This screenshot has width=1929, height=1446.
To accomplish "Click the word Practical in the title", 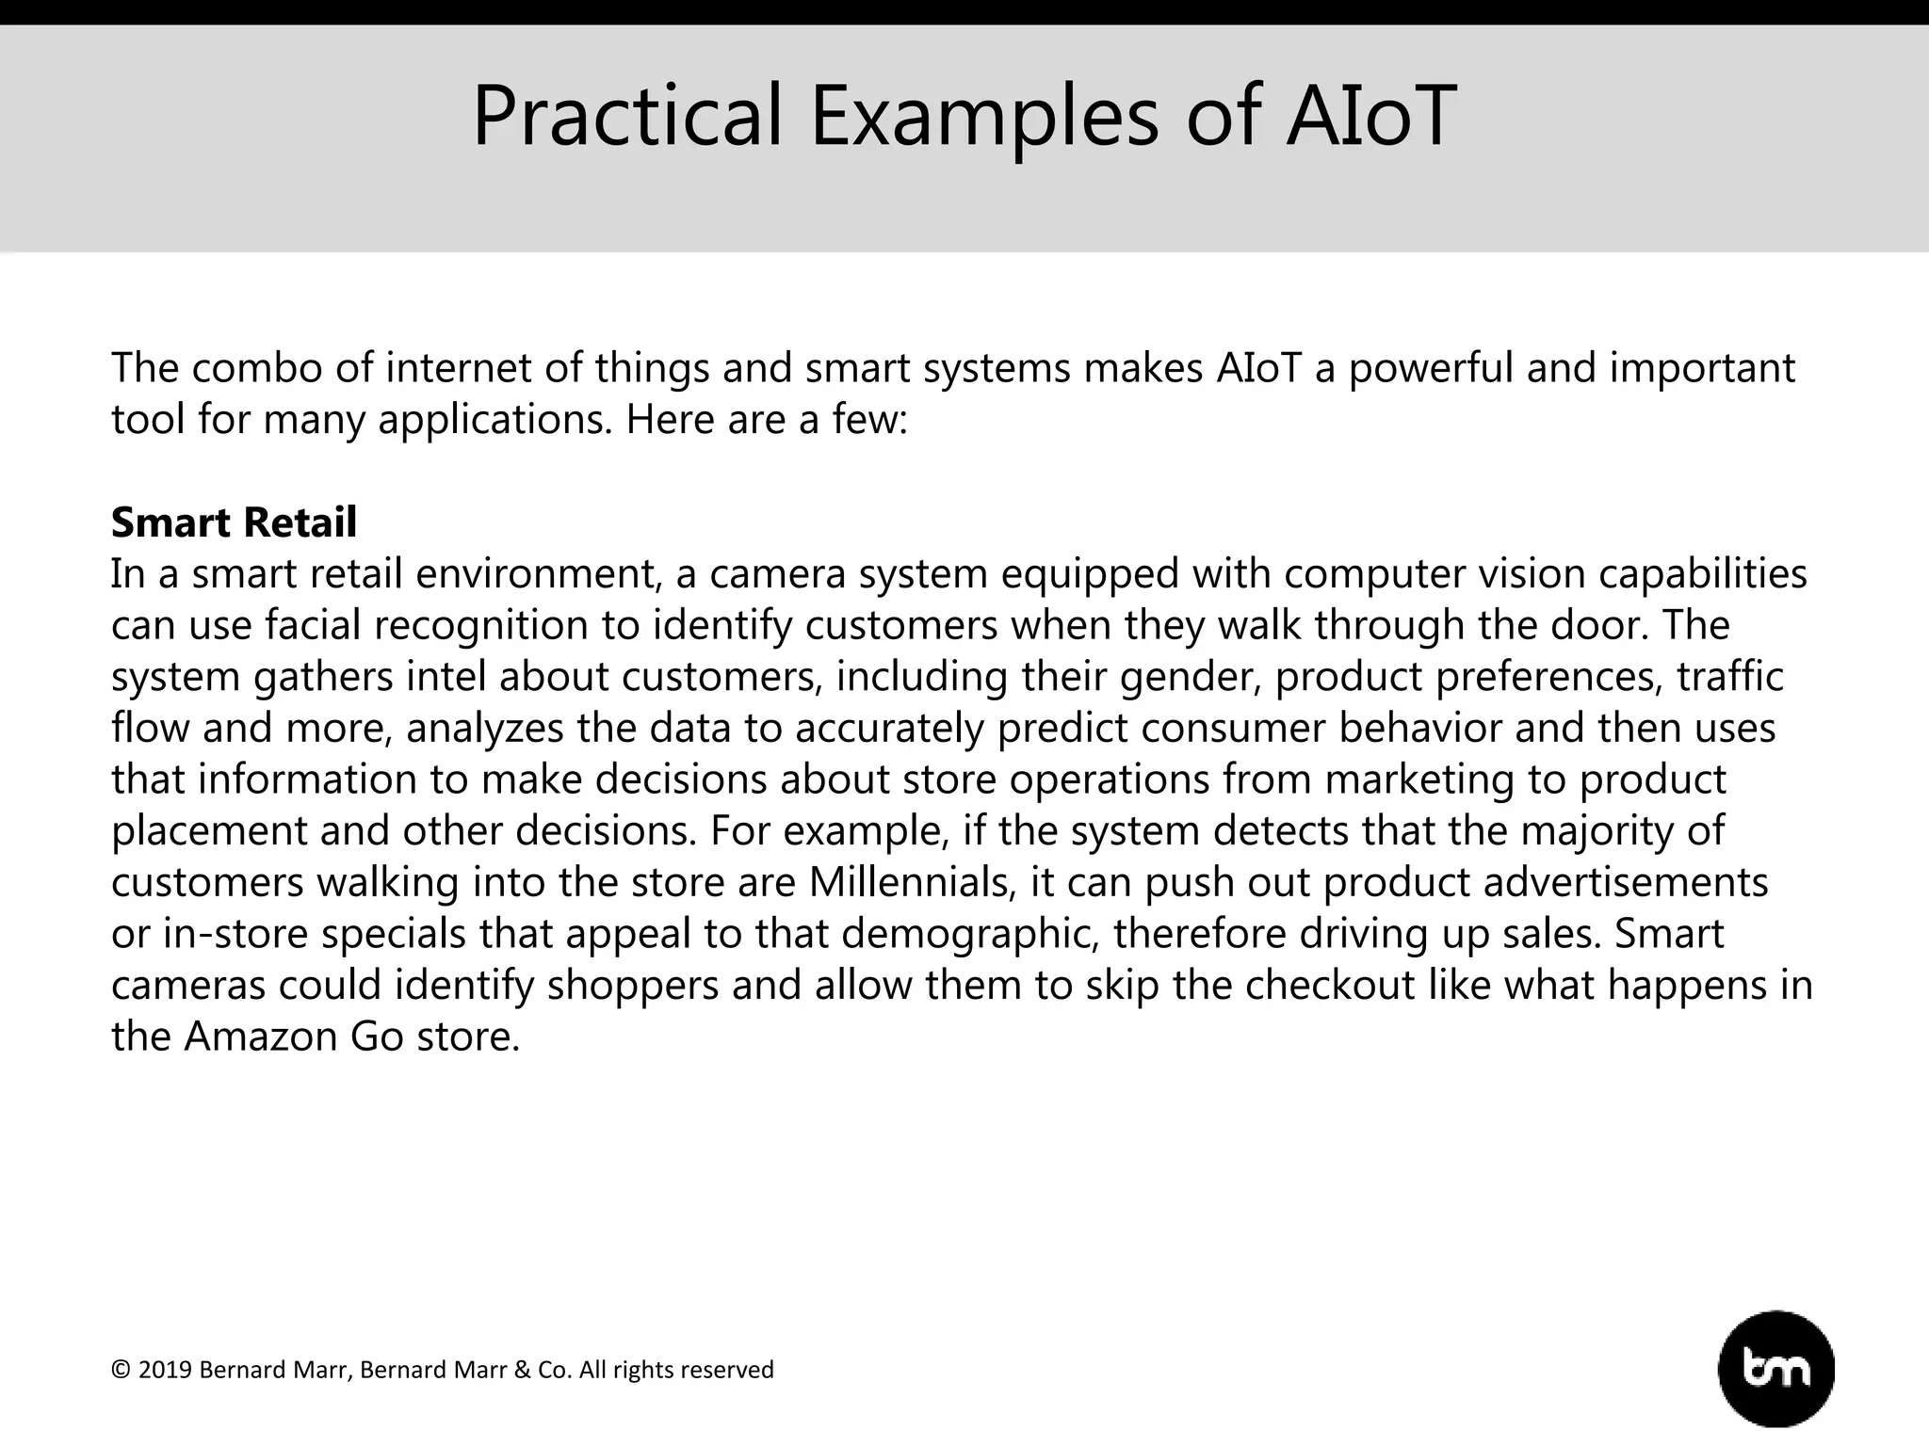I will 626,117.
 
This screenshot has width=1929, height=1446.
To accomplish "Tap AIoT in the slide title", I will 1370,117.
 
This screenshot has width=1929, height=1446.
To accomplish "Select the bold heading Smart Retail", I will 234,522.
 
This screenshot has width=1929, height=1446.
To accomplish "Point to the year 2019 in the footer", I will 165,1370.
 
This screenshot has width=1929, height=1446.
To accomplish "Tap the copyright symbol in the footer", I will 121,1370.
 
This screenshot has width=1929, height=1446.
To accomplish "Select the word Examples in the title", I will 983,117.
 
